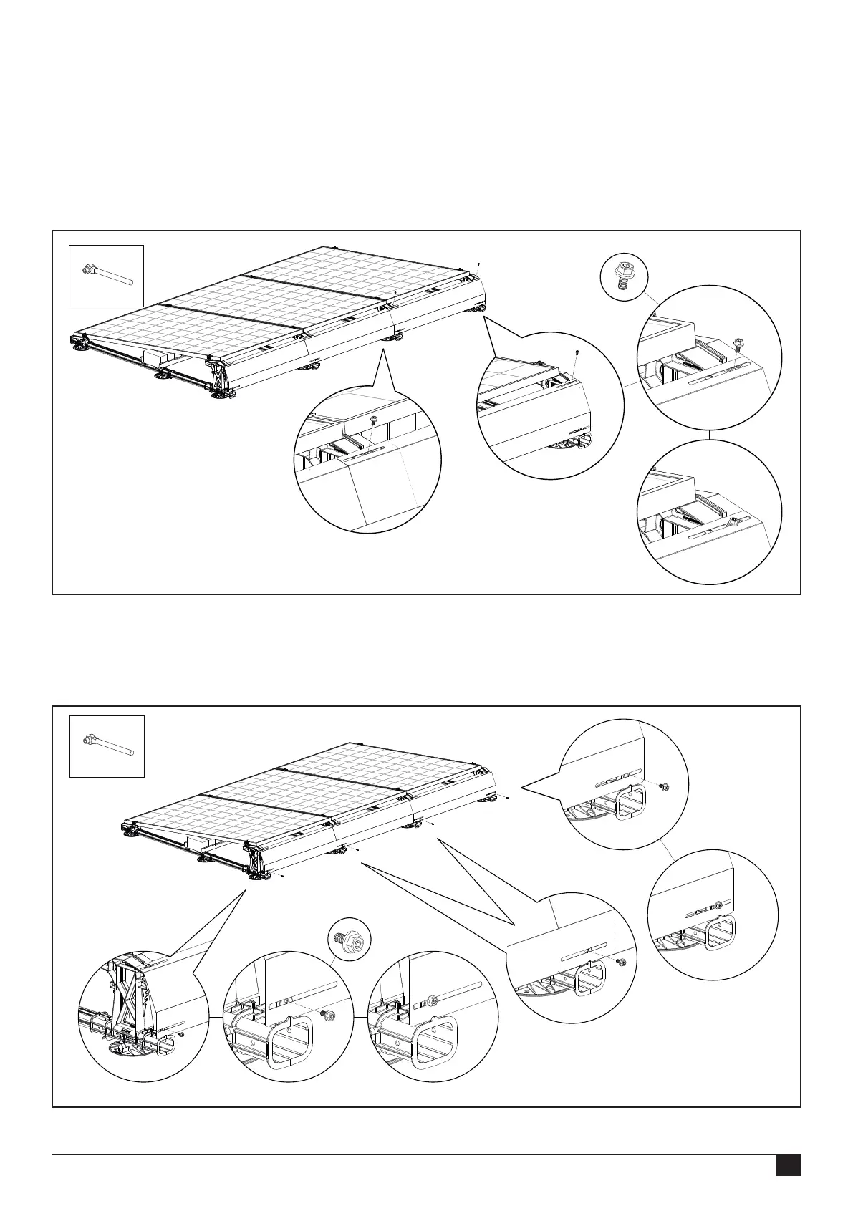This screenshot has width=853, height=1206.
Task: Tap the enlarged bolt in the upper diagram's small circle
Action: pos(622,275)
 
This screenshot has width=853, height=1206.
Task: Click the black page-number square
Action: pos(788,1164)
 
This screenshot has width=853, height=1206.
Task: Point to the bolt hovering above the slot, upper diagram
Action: pos(738,344)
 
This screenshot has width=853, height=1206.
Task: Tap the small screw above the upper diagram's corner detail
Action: pos(577,353)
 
